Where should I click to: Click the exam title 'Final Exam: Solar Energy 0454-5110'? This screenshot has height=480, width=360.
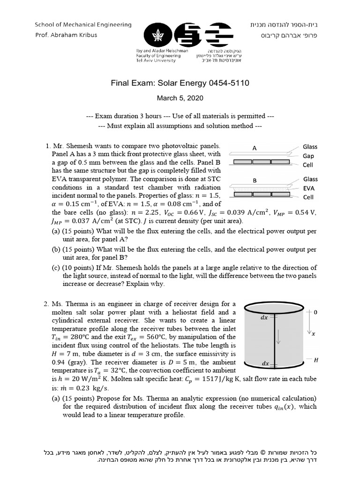[180, 83]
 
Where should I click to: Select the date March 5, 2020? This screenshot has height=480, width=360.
[180, 99]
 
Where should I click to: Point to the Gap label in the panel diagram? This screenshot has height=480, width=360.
[308, 156]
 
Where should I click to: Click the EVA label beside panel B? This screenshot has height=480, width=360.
[309, 188]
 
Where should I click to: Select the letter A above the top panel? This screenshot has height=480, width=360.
[255, 148]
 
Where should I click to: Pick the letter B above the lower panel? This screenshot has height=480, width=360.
[255, 180]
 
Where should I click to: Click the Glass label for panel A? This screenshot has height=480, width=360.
[310, 147]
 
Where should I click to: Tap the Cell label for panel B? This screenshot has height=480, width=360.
[308, 197]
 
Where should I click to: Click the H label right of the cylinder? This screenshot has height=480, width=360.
[316, 360]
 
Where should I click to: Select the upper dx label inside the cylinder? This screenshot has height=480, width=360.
[264, 317]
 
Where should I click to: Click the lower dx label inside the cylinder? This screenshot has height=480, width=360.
[265, 363]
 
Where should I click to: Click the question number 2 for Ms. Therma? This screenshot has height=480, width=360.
[46, 305]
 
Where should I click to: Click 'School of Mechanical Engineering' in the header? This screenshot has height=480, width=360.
[83, 25]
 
